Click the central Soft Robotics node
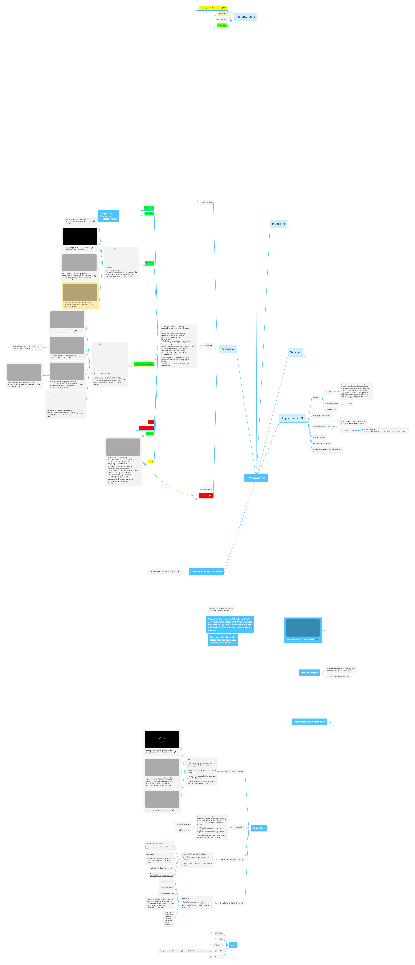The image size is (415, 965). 256,478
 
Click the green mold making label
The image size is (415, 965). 222,25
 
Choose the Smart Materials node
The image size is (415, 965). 206,202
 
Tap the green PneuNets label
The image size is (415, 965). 149,263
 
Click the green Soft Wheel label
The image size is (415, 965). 149,214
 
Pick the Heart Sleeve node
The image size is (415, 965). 331,410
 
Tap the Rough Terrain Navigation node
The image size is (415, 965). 322,443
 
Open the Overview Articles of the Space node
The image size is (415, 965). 206,572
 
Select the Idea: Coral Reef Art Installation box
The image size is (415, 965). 309,722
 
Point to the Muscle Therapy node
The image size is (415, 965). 332,404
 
